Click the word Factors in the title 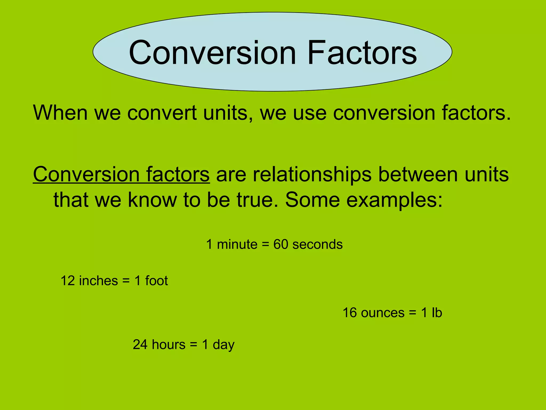pos(362,53)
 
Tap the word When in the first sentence pos(60,113)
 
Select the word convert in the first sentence pos(162,113)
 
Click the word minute pos(237,245)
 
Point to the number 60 pos(281,245)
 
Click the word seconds pos(317,245)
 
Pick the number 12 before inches pos(68,281)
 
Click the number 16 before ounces pos(350,313)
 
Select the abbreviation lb pos(437,313)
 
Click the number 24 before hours pos(140,345)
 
